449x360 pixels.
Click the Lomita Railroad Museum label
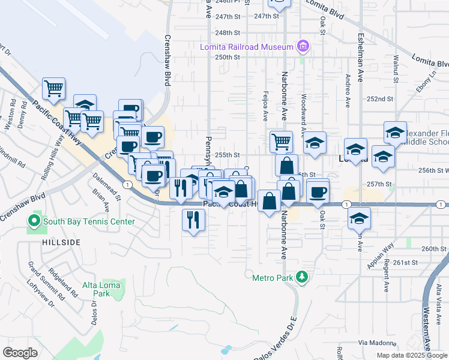(x=247, y=47)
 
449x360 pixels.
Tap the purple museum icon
(x=303, y=47)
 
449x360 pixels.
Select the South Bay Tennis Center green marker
(x=34, y=221)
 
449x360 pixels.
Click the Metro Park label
(x=272, y=275)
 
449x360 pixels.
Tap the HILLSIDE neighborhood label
(x=61, y=242)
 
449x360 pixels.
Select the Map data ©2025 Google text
(x=411, y=355)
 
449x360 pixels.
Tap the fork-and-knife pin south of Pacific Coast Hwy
(x=193, y=221)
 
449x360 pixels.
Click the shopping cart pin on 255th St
(x=281, y=142)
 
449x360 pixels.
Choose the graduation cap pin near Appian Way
(x=360, y=219)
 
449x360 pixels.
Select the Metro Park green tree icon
(x=304, y=275)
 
